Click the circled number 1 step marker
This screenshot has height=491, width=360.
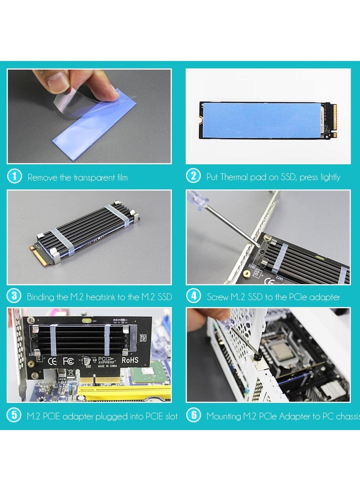tap(14, 176)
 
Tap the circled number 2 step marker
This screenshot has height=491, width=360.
tap(193, 176)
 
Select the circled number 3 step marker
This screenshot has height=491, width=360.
tap(14, 296)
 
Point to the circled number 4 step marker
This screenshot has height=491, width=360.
tap(193, 296)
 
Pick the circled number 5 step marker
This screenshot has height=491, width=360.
tap(14, 415)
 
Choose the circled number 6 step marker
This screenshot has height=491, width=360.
tap(193, 415)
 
